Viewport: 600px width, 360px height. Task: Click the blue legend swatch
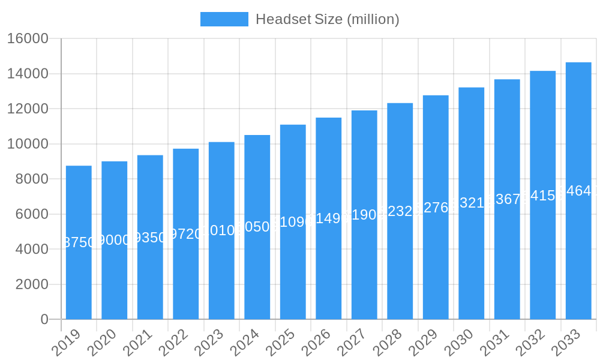click(224, 19)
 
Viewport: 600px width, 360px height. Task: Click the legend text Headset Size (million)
click(327, 19)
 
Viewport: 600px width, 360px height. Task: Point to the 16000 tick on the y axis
click(28, 39)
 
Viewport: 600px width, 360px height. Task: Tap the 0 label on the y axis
click(44, 319)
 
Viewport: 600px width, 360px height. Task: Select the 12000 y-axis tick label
click(28, 109)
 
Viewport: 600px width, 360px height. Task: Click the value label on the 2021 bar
click(150, 238)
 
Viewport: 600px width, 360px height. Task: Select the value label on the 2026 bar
click(329, 218)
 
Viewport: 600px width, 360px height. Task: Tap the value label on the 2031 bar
click(507, 199)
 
